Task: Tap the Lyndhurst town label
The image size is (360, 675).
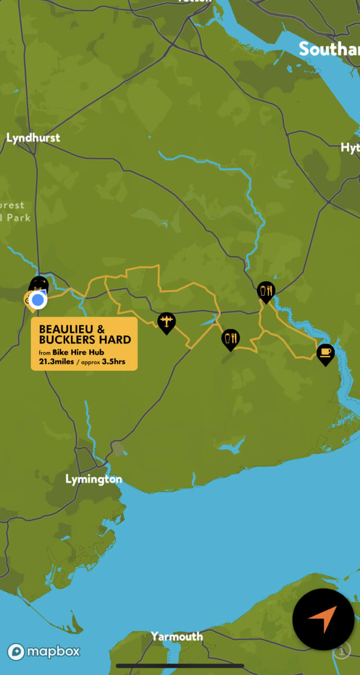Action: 33,138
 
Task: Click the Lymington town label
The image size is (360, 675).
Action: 94,479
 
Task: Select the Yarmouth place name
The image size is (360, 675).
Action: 177,636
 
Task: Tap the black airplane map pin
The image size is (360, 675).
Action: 167,321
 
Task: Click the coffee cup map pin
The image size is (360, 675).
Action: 325,353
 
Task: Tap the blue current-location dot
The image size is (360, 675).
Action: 38,301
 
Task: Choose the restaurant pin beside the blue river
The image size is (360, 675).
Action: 266,291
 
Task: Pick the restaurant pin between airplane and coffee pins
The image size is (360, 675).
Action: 230,339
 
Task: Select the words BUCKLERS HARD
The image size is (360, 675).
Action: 85,340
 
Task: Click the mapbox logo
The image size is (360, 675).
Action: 44,652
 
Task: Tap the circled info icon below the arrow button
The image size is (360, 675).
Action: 341,651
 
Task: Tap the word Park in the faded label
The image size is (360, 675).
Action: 20,218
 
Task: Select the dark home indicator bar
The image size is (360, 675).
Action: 180,666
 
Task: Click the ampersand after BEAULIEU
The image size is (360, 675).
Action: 101,329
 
